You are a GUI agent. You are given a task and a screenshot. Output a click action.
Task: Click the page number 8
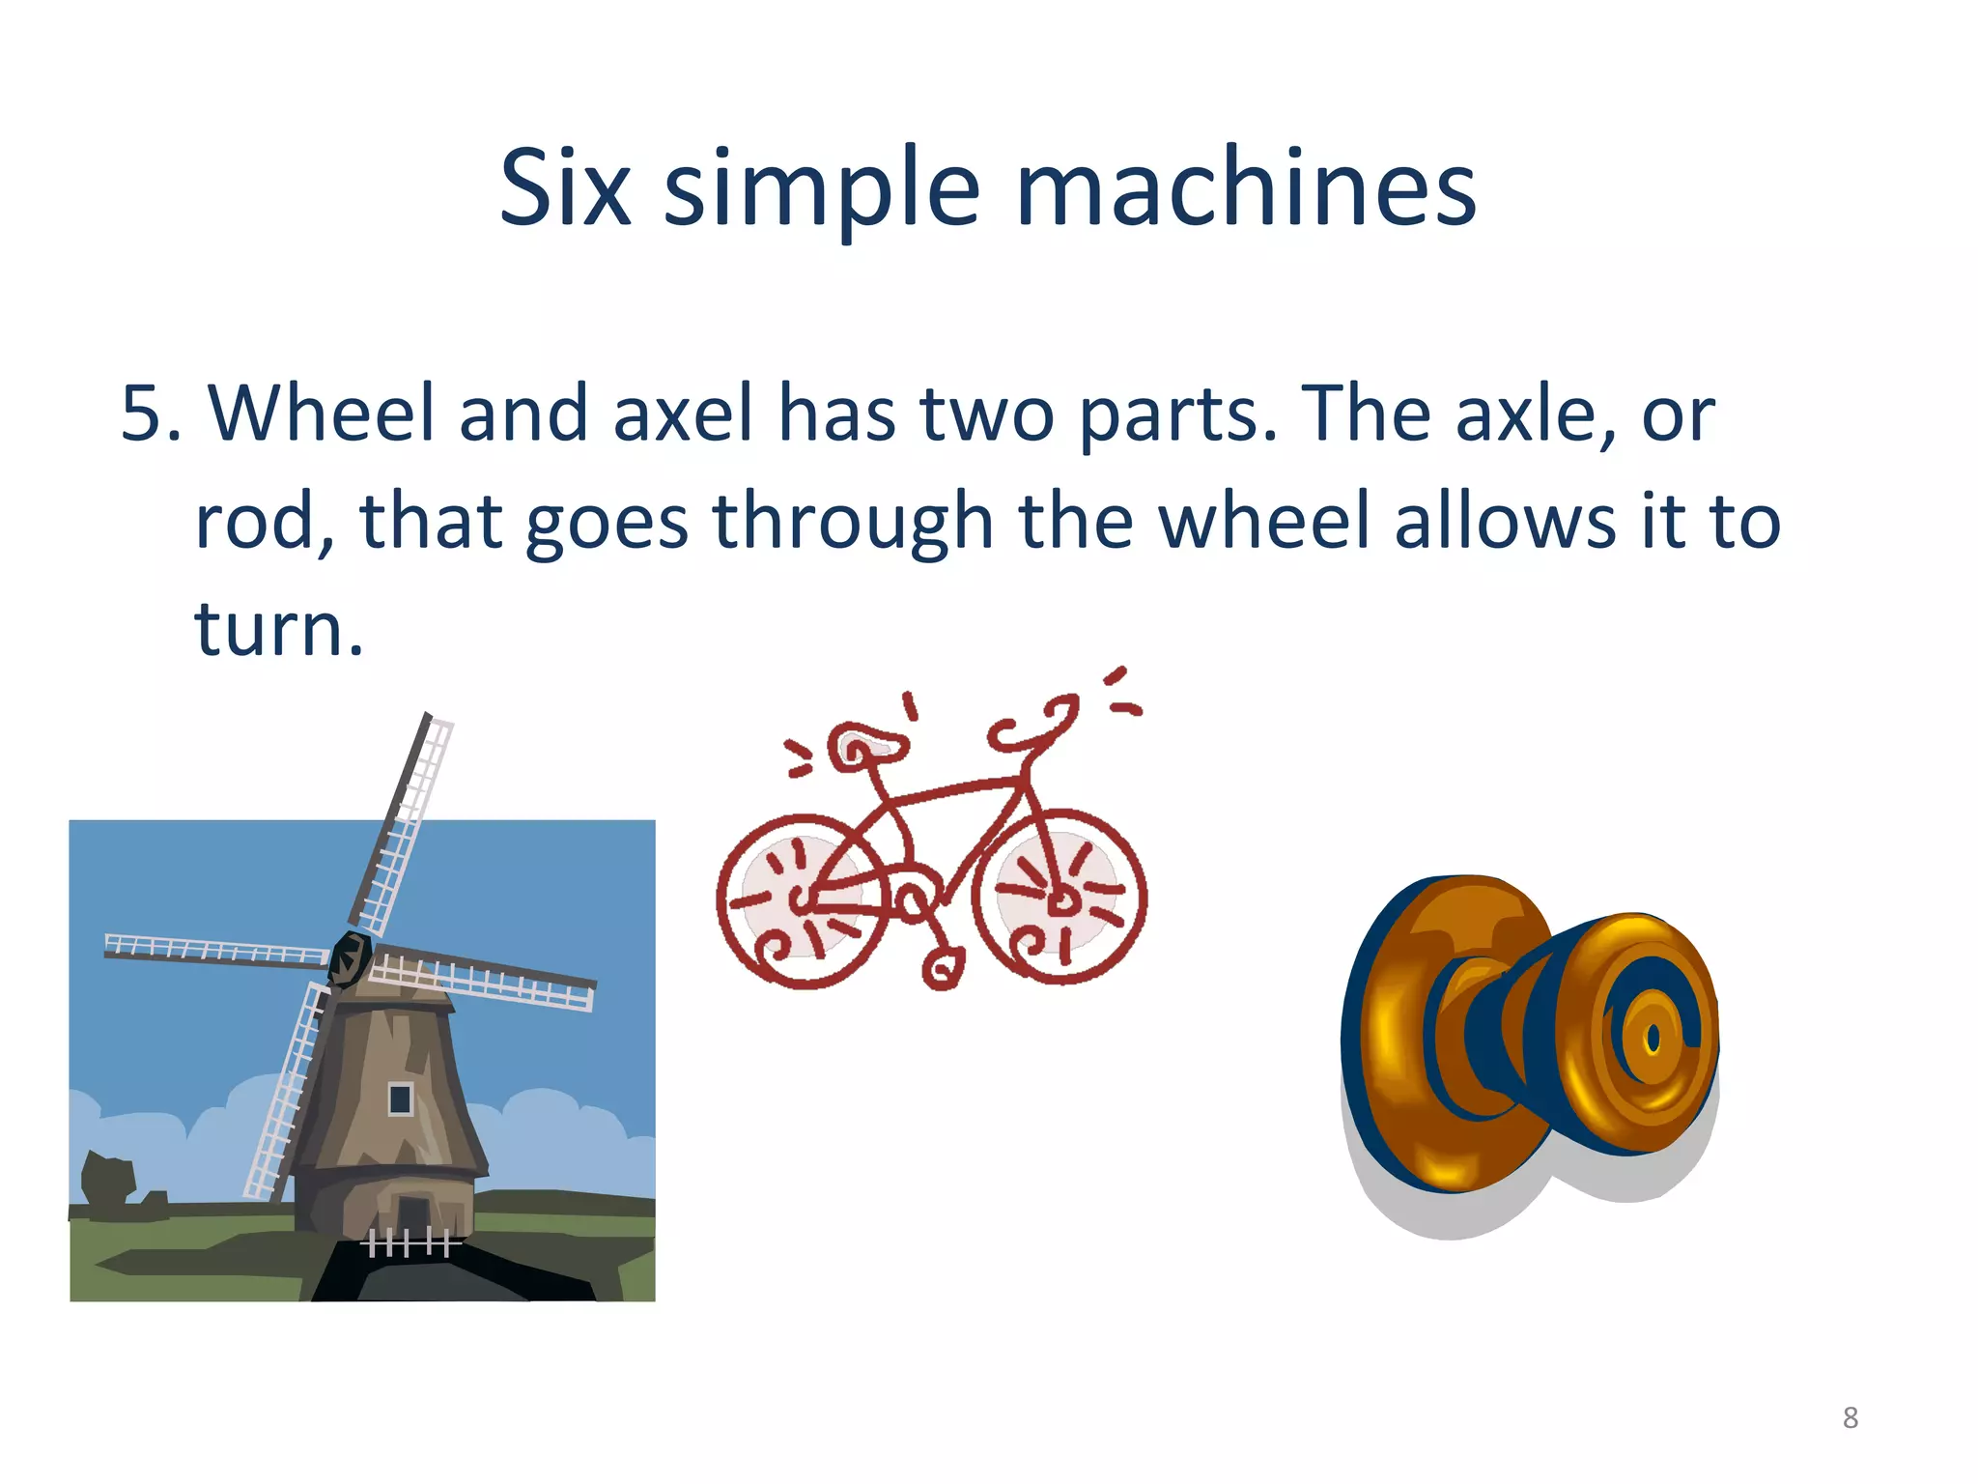pyautogui.click(x=1850, y=1417)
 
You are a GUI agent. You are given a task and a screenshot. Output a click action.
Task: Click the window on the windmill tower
pyautogui.click(x=400, y=1099)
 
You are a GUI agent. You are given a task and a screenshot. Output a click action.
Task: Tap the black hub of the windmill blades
pyautogui.click(x=350, y=957)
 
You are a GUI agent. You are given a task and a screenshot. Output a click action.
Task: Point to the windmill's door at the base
pyautogui.click(x=412, y=1213)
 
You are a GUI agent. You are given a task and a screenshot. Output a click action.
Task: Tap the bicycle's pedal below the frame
pyautogui.click(x=943, y=968)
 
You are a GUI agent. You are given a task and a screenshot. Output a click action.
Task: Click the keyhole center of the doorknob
pyautogui.click(x=1653, y=1040)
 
